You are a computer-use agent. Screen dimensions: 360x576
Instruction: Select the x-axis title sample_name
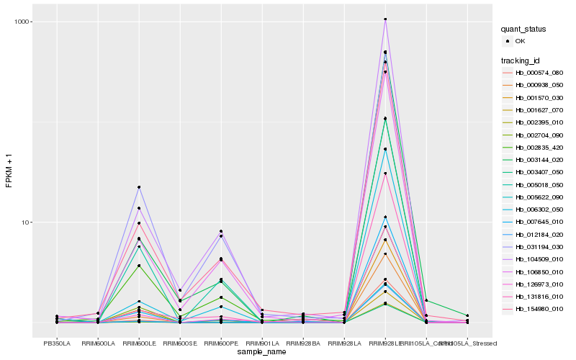tap(262, 352)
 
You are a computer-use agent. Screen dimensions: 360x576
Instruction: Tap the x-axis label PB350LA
tap(57, 343)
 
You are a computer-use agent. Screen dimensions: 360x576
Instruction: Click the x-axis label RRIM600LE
tap(139, 343)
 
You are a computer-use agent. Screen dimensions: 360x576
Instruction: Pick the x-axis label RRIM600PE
tap(221, 343)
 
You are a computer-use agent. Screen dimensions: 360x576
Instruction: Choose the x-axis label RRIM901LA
tap(262, 343)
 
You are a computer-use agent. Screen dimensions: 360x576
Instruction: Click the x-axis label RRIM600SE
tap(180, 343)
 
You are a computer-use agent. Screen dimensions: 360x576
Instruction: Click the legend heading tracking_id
tap(521, 60)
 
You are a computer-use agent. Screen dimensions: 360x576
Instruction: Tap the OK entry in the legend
tap(521, 42)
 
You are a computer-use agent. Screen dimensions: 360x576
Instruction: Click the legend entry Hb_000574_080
tap(539, 73)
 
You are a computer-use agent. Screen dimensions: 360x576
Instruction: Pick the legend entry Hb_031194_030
tap(539, 246)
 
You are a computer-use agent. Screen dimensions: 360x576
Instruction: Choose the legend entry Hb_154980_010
tap(539, 308)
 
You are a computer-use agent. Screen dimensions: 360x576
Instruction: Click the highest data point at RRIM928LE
tap(385, 19)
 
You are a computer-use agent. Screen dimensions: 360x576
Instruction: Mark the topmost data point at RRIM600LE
tap(139, 187)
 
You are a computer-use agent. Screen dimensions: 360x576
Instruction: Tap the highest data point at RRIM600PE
tap(221, 231)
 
